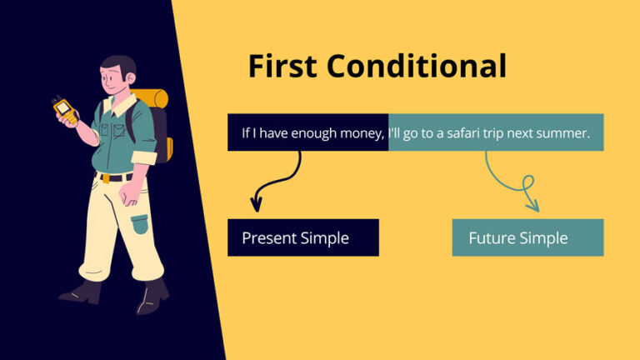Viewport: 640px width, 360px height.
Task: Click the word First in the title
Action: (x=282, y=66)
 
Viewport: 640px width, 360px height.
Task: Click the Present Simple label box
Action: (x=302, y=237)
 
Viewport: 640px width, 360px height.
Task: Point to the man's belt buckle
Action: (x=105, y=177)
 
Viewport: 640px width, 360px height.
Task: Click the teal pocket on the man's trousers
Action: (x=139, y=224)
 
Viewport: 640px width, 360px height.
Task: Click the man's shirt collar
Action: (x=121, y=106)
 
